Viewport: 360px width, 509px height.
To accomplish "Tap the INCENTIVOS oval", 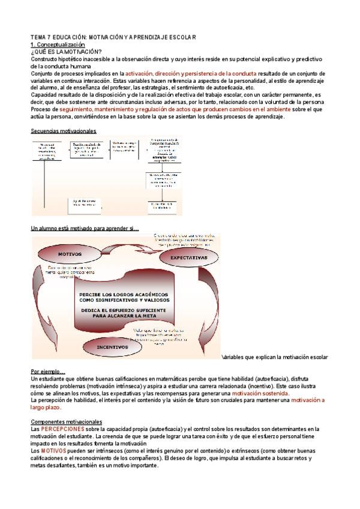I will [x=113, y=346].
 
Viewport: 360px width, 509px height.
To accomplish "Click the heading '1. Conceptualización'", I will [x=58, y=45].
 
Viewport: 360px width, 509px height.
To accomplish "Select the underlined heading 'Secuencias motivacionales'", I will [x=63, y=131].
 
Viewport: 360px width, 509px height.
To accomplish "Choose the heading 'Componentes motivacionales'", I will [x=67, y=421].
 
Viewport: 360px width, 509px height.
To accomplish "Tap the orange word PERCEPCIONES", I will [x=62, y=429].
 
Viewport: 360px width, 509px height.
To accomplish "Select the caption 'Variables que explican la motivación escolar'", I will [x=275, y=357].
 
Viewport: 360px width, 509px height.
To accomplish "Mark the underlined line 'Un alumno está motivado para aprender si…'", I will [x=85, y=228].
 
